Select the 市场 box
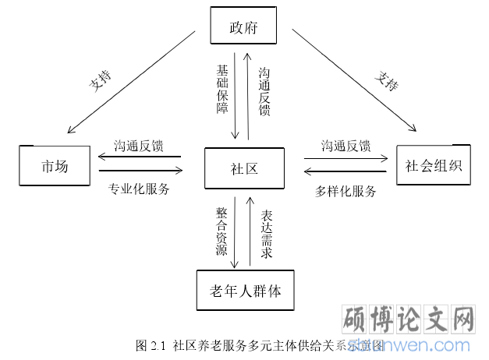(55, 166)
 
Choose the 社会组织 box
(433, 164)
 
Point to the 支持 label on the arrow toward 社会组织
(386, 80)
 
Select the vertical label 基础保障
(223, 89)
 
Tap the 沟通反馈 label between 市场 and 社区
(139, 146)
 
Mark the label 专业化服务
(139, 189)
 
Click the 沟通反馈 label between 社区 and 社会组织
(345, 146)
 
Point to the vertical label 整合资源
(222, 231)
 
